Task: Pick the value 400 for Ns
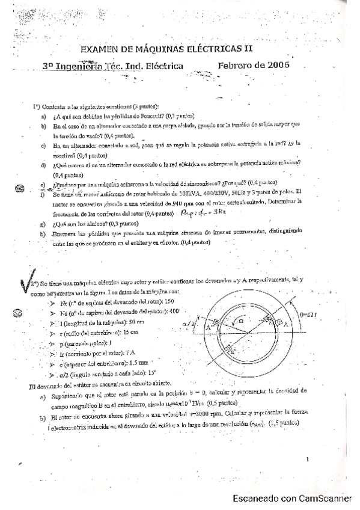(x=174, y=312)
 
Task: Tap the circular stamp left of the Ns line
(x=19, y=312)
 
